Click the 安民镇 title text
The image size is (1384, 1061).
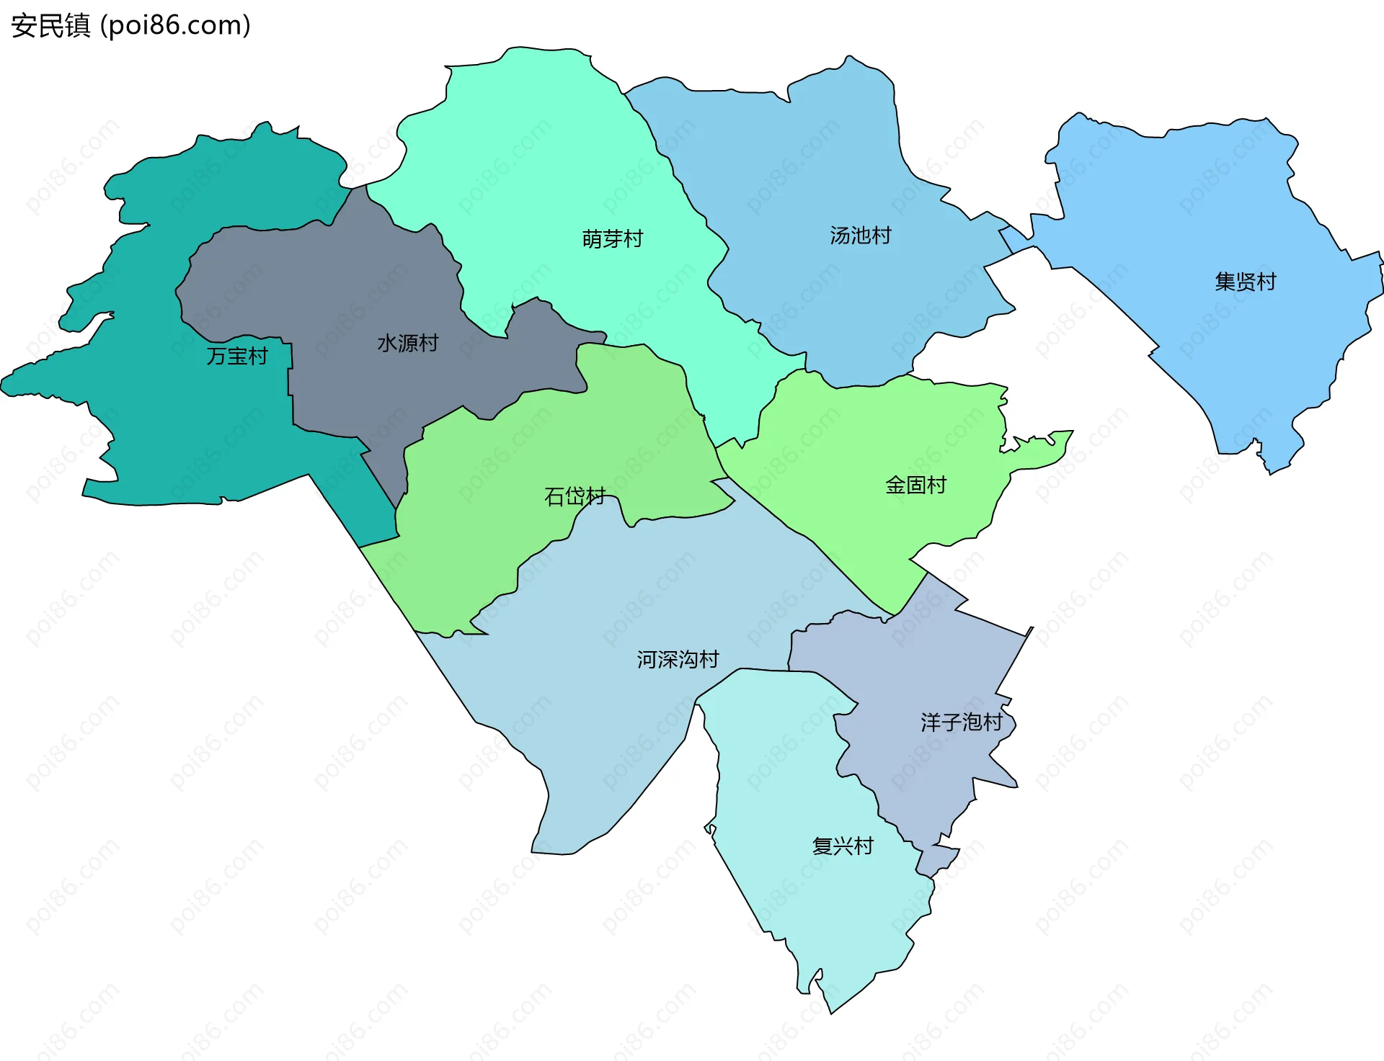pos(50,26)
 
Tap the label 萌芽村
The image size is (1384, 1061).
pos(612,238)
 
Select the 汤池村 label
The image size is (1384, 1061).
pos(860,236)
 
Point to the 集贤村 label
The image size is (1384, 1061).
pos(1245,282)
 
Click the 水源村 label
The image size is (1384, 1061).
pos(407,343)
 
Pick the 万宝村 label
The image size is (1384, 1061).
pos(236,356)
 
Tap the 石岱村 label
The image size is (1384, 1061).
pos(575,496)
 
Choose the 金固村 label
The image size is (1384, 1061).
pos(915,485)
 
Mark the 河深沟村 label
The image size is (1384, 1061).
pos(678,659)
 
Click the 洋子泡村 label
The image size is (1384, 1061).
pos(961,722)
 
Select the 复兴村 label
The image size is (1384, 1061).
pos(842,846)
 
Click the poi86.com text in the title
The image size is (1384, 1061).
pos(175,26)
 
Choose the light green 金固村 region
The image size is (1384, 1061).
pos(865,432)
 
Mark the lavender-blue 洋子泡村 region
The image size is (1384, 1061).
pos(930,663)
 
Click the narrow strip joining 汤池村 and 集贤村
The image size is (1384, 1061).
pos(1014,239)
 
